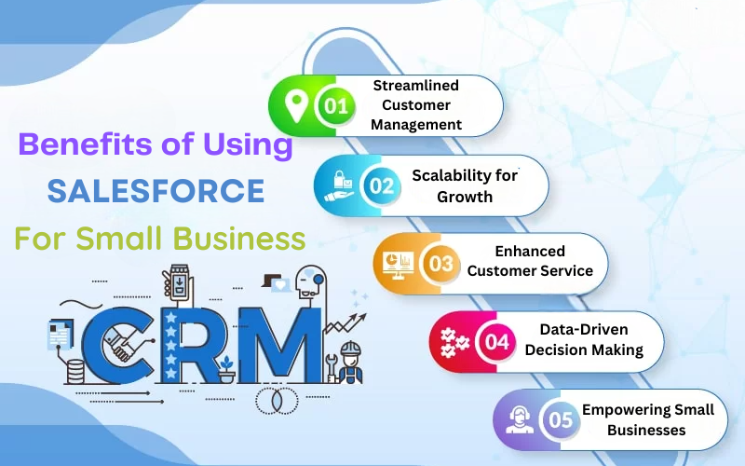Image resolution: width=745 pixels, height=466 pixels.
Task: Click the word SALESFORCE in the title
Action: [156, 191]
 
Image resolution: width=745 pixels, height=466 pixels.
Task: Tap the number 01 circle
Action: [336, 105]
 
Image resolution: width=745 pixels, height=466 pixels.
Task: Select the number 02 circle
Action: [381, 185]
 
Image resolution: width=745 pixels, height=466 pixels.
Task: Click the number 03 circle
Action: [440, 264]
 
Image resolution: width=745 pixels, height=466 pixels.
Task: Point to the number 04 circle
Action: [496, 342]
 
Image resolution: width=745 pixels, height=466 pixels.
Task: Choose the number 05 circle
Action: [561, 420]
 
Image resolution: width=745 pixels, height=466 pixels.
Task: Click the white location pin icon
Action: [296, 106]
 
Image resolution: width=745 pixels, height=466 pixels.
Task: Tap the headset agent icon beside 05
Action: [520, 419]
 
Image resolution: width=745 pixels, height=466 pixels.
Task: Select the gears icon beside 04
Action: [454, 342]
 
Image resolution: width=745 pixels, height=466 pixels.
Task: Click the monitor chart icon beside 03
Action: [399, 265]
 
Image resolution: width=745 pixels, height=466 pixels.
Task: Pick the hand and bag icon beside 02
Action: [339, 186]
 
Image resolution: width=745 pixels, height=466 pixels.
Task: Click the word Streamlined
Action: [415, 86]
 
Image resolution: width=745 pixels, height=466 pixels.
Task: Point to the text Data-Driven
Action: [584, 329]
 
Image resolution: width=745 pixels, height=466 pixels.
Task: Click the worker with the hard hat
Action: [351, 363]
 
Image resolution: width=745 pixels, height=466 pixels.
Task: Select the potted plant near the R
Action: [226, 370]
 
